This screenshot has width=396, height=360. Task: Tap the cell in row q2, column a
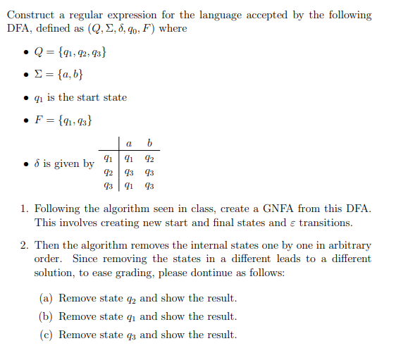(x=128, y=173)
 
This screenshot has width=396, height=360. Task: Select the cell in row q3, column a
(x=128, y=187)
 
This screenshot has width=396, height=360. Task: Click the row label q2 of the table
(x=108, y=173)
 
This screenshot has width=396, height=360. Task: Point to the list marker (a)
(x=47, y=298)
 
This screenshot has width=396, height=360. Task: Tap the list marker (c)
(x=47, y=335)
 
